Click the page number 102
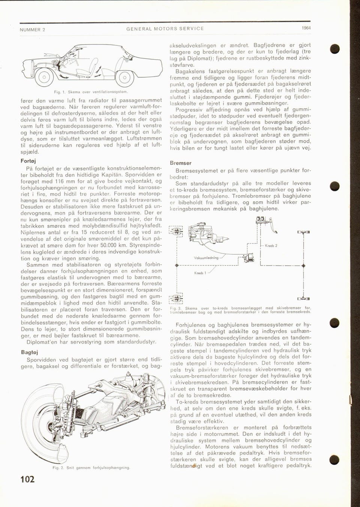27,479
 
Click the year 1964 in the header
306,28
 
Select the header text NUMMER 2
33,29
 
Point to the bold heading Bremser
180,163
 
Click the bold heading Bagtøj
28,353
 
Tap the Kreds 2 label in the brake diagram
271,245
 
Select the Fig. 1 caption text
91,91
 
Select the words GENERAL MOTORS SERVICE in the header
165,29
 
